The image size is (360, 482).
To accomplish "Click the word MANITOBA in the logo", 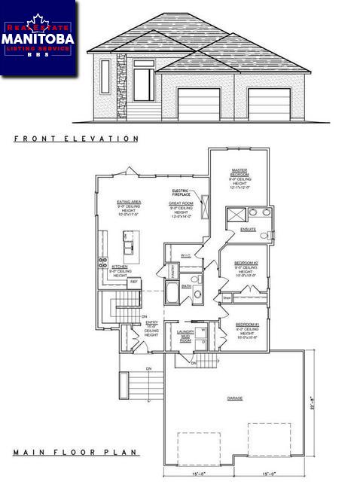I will point(38,37).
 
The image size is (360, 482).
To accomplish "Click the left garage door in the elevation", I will point(199,103).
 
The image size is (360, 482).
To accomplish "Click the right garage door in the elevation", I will point(269,103).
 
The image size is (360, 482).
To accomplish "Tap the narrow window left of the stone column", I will point(105,78).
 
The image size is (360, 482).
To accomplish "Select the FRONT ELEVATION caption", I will point(76,139).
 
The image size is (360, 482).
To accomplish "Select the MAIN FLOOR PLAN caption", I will point(75,453).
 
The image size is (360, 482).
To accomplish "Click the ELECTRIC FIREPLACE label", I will point(180,193).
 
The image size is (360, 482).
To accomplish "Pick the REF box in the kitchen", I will point(134,282).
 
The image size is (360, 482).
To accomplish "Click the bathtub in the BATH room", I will point(171,293).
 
